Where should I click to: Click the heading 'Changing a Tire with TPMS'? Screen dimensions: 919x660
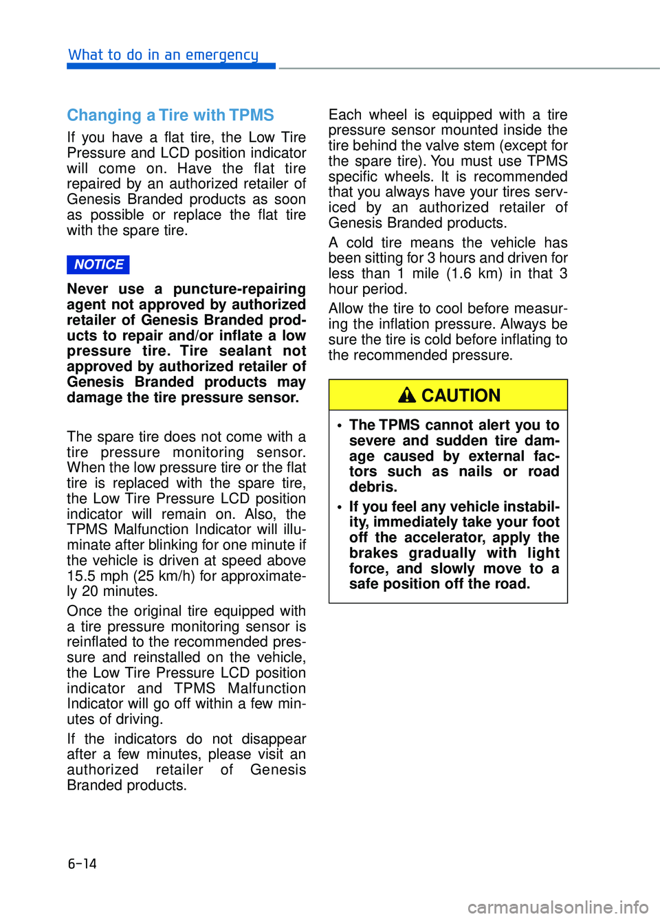point(170,115)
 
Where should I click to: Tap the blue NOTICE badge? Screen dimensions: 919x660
point(98,265)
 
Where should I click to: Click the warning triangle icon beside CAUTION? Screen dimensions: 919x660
point(407,395)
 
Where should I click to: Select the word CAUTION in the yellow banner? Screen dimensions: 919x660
point(461,395)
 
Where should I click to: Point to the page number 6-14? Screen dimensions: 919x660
point(82,863)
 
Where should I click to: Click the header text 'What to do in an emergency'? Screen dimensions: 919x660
point(163,55)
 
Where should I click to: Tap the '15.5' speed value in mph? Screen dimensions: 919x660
point(82,576)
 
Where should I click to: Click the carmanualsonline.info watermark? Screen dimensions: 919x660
point(558,907)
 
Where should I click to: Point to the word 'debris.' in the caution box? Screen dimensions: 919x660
point(373,487)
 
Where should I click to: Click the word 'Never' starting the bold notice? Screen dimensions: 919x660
point(87,289)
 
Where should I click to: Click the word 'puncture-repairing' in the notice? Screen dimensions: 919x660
point(239,289)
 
